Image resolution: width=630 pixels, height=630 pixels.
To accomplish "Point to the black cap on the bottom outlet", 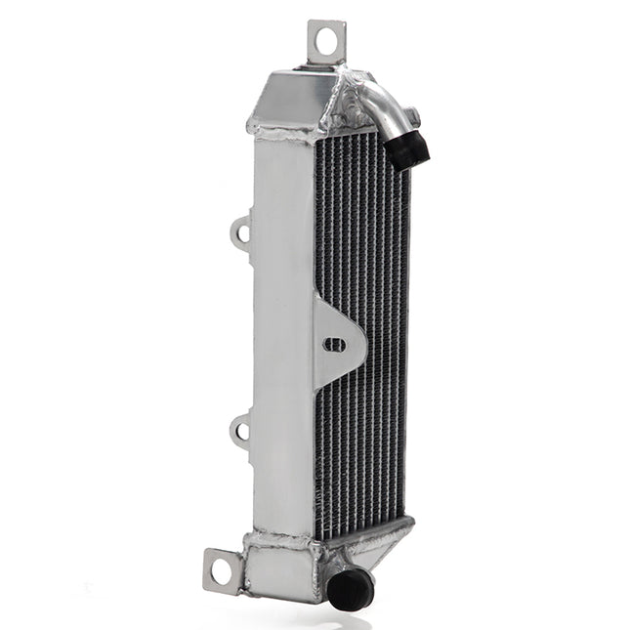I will [351, 589].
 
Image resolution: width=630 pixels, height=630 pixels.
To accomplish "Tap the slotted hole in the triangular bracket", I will [334, 345].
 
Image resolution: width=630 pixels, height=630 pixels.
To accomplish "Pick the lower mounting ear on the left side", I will [241, 429].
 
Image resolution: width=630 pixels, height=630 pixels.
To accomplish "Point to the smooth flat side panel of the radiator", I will [283, 332].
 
